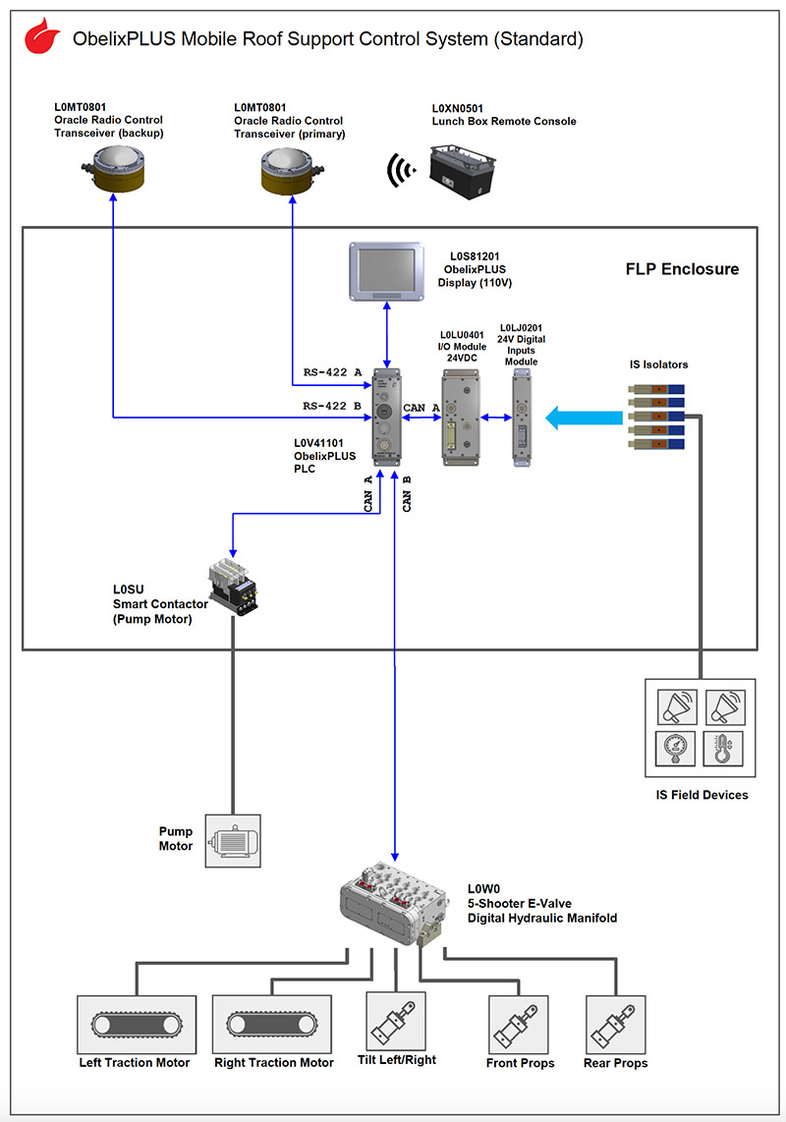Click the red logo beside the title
click(41, 38)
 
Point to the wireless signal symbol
click(398, 171)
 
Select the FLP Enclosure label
click(682, 269)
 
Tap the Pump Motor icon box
click(233, 840)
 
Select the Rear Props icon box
click(615, 1025)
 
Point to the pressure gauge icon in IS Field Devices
click(676, 750)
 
